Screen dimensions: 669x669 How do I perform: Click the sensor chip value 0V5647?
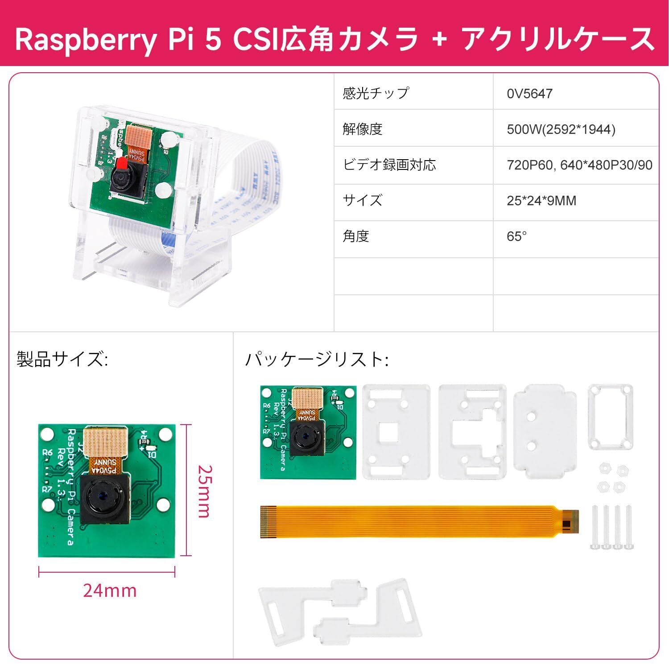[529, 94]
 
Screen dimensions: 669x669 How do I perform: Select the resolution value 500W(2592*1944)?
[561, 129]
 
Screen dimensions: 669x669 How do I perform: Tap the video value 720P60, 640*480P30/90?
[579, 165]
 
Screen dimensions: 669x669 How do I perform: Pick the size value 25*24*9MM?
[541, 201]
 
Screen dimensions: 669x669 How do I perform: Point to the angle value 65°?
[516, 236]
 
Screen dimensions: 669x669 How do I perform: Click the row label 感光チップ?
[376, 93]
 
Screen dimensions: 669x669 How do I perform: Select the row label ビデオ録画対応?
[389, 165]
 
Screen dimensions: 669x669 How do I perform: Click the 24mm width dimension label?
[110, 591]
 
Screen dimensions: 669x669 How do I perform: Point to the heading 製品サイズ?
[62, 359]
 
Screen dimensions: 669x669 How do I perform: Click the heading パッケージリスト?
[317, 359]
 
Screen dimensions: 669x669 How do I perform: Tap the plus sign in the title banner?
[440, 39]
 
